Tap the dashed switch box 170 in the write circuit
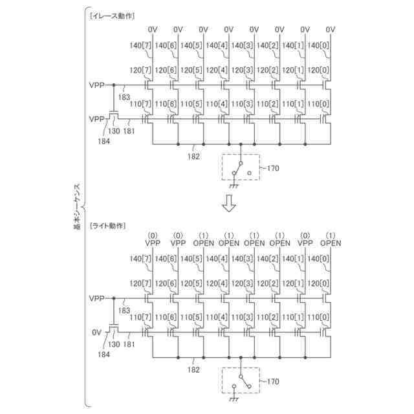click(240, 382)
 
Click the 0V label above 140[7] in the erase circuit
click(153, 29)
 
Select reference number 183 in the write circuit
click(123, 310)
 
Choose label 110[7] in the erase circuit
click(140, 104)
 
